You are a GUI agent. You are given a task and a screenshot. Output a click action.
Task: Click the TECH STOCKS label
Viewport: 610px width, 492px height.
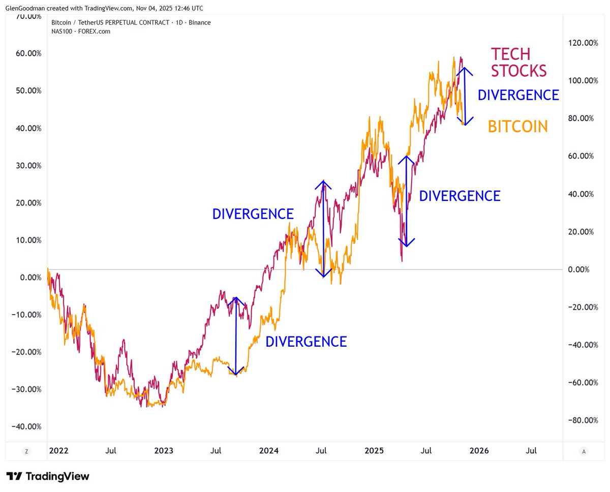518,62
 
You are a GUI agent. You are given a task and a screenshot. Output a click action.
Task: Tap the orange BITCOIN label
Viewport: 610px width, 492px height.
518,126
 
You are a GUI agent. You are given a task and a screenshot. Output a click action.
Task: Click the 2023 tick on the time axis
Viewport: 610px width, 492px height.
164,451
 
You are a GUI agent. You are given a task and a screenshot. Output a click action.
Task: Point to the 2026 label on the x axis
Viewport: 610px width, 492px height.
478,451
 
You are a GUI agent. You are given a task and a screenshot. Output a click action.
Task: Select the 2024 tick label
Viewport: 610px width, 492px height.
268,451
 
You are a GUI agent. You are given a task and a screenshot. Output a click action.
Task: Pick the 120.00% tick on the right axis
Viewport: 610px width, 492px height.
583,43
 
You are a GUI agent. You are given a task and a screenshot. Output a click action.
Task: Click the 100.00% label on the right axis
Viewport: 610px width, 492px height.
583,81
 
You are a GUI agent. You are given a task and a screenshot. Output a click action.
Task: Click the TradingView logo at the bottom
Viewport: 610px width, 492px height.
48,476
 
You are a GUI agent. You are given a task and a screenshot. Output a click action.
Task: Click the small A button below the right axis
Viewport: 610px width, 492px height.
584,451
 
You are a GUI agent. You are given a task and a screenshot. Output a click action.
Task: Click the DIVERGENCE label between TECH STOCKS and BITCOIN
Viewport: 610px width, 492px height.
518,95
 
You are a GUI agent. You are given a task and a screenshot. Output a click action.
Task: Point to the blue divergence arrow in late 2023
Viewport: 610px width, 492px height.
236,335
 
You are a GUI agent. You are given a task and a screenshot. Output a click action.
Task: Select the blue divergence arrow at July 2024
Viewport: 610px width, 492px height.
323,229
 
